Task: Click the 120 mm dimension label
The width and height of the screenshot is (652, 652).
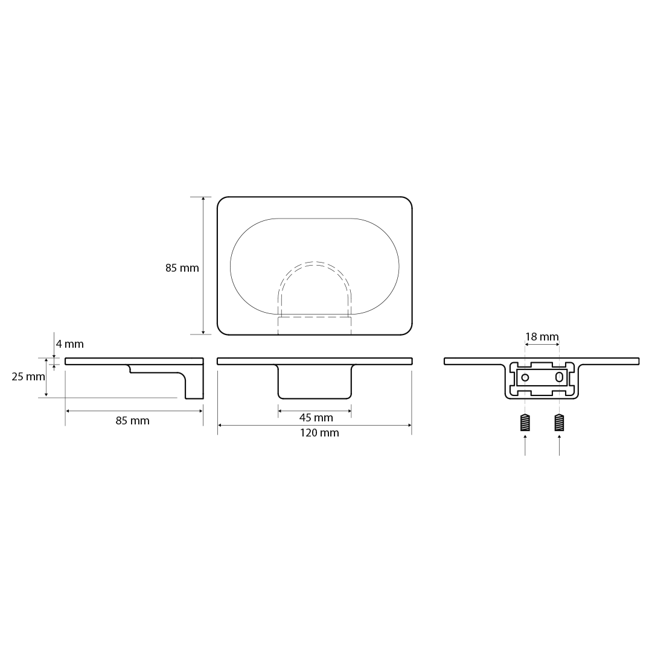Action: coord(319,433)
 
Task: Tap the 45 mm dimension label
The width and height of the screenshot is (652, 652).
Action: coord(316,418)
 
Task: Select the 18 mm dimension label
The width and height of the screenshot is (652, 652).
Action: coord(542,336)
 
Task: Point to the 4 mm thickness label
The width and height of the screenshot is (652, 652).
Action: coord(70,344)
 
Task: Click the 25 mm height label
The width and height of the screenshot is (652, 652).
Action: coord(28,377)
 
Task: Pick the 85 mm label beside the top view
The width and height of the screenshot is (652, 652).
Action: coord(182,268)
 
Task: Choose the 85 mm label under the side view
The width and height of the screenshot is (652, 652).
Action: coord(133,421)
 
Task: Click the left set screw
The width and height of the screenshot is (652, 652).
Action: coord(525,423)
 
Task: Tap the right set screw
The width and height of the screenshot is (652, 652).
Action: coord(559,423)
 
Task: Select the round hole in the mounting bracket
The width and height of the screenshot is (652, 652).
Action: coord(525,377)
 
